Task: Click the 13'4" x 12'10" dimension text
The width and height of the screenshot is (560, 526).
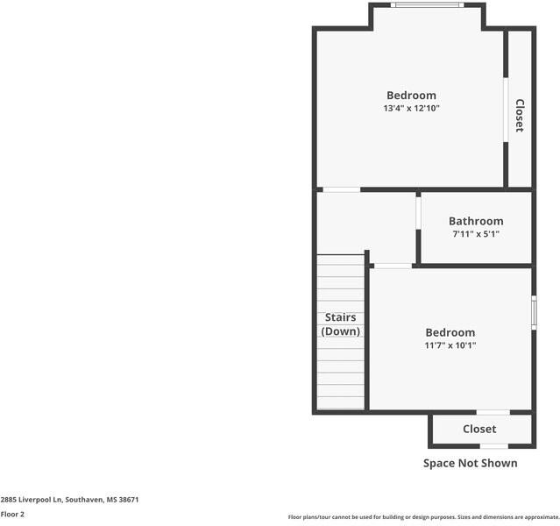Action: tap(411, 109)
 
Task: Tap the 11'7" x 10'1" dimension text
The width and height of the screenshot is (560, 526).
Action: tap(450, 345)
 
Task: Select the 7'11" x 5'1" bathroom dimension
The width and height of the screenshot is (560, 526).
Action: tap(476, 234)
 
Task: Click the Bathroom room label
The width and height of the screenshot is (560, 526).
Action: tap(476, 221)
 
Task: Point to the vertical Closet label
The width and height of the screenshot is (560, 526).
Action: tap(519, 115)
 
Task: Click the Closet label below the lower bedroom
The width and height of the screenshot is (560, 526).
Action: tap(479, 429)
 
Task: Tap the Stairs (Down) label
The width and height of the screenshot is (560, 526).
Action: tap(341, 324)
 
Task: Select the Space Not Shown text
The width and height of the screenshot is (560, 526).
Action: tap(471, 463)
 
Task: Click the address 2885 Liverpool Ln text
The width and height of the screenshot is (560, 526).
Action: tap(70, 499)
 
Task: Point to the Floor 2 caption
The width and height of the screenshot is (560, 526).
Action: tap(12, 514)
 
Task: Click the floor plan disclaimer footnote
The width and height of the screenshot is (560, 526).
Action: tap(423, 517)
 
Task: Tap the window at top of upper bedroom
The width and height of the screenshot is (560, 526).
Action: tap(427, 5)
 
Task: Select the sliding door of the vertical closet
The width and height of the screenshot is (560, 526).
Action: tap(505, 110)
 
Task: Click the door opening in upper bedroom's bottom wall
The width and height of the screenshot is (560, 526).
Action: tap(341, 189)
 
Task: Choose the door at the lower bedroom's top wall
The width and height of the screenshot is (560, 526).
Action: tap(392, 266)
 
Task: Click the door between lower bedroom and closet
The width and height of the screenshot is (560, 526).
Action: tap(493, 412)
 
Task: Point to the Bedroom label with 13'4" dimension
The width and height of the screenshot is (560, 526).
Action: tap(411, 96)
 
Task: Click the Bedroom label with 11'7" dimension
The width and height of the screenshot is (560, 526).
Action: tap(450, 332)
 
